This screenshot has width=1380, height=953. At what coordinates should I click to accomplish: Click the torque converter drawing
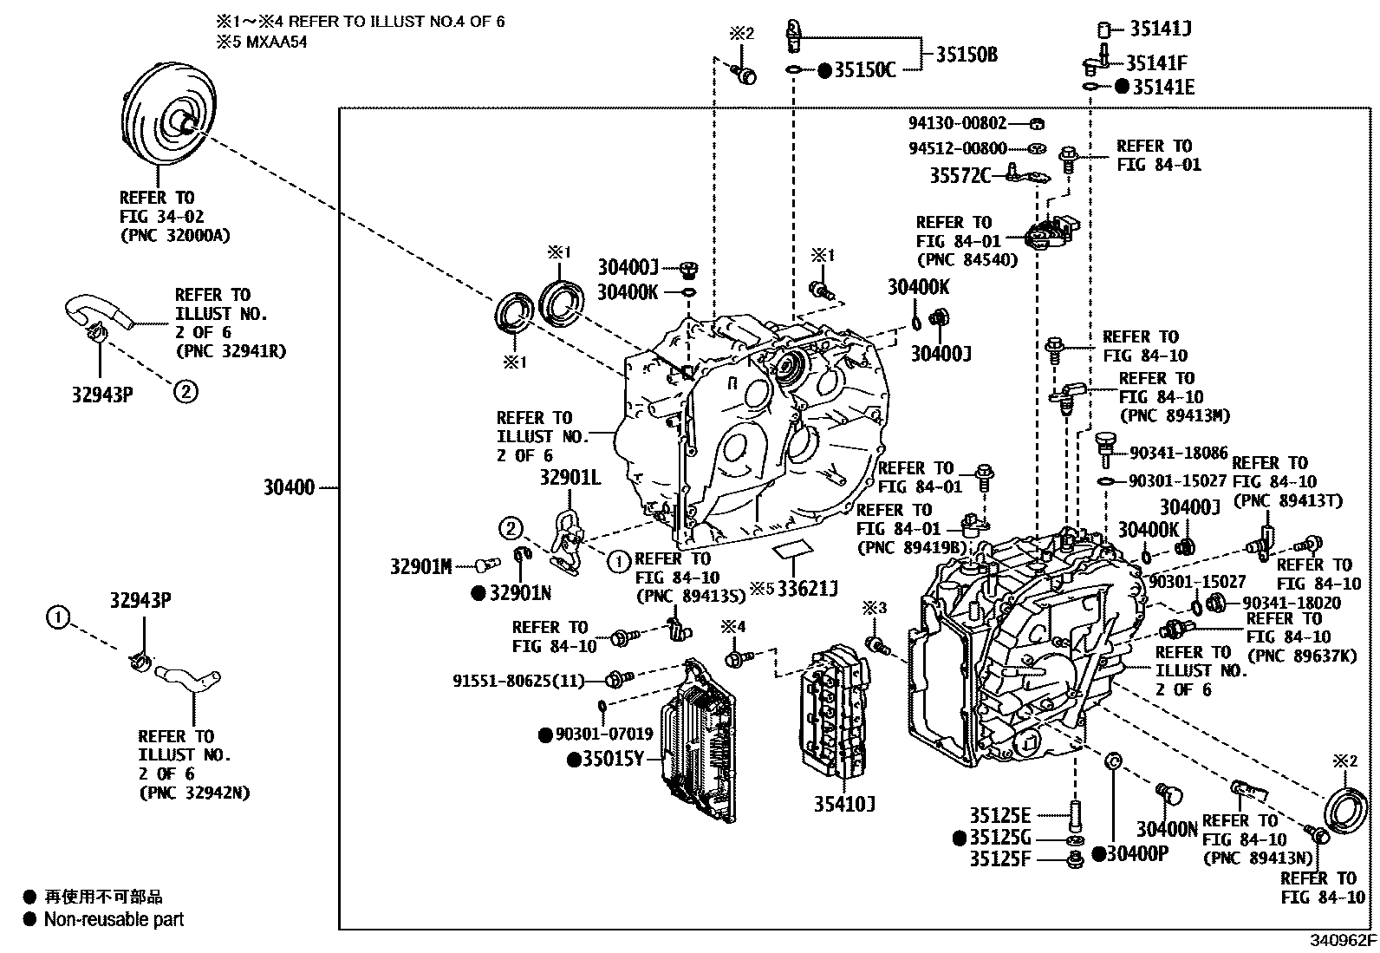[169, 115]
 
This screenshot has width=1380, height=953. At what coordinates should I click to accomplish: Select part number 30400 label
[289, 487]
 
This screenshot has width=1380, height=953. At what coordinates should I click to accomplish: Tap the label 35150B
[967, 55]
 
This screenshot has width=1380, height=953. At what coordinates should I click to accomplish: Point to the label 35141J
[1160, 29]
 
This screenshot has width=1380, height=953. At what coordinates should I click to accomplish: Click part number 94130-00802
[957, 123]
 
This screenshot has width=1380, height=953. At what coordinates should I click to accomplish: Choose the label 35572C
[960, 176]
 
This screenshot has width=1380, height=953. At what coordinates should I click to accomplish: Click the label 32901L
[570, 478]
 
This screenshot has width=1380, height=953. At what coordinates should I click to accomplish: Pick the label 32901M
[420, 566]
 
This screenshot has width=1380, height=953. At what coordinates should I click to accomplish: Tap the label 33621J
[808, 589]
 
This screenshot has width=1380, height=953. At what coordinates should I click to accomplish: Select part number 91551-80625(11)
[518, 681]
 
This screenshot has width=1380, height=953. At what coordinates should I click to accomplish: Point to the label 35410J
[844, 805]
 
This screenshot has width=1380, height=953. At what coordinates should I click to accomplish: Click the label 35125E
[999, 816]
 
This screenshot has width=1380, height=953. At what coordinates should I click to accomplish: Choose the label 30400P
[1137, 854]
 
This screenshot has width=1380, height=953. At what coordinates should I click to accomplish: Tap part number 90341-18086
[1179, 453]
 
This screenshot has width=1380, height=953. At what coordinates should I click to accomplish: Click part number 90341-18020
[1292, 603]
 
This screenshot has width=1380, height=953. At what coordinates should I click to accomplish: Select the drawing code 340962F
[1343, 941]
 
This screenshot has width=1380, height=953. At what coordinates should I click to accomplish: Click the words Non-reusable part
[114, 920]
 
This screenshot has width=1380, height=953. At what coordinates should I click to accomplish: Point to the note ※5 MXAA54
[261, 42]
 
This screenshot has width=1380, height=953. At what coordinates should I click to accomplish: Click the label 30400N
[1167, 830]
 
